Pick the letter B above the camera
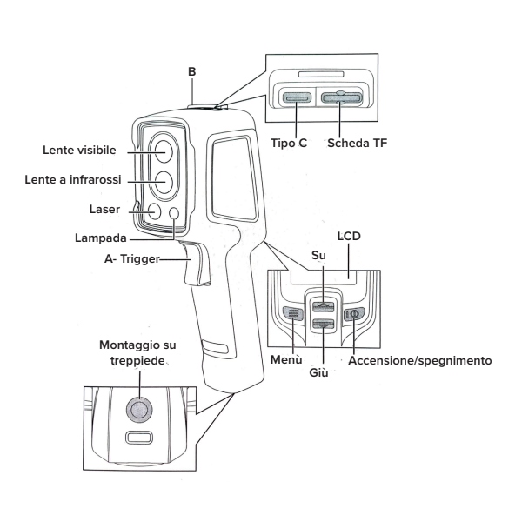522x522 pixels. (193, 86)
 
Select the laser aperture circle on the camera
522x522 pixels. (153, 211)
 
